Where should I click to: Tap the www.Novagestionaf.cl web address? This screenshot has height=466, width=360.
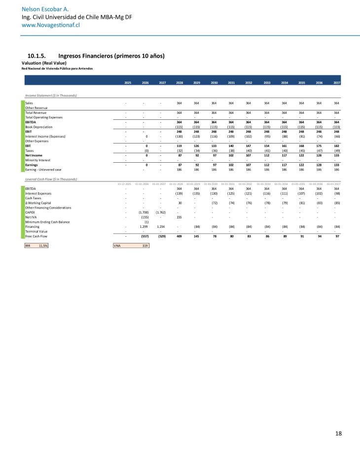point(50,25)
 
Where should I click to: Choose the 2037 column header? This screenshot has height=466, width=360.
point(336,82)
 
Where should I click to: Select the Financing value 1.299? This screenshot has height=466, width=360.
point(144,226)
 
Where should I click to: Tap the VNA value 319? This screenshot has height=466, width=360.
point(144,245)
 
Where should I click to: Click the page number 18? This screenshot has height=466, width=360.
point(338,433)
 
